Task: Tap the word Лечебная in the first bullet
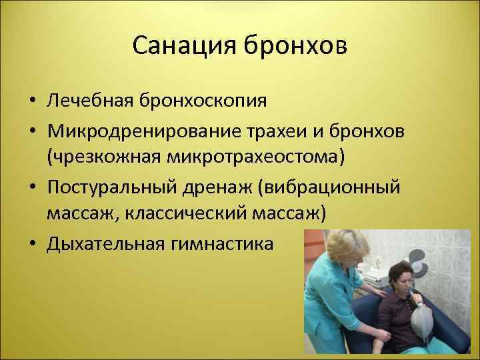click(90, 101)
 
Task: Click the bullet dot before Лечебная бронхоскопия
click(31, 102)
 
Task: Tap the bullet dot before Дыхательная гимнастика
click(31, 245)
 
